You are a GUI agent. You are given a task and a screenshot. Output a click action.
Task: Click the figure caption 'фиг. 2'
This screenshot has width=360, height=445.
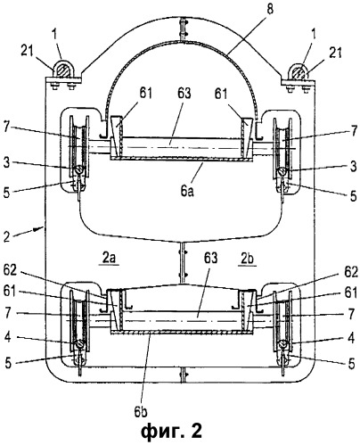pos(172,432)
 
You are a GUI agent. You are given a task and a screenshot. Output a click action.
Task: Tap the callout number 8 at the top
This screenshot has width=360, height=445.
pos(269,9)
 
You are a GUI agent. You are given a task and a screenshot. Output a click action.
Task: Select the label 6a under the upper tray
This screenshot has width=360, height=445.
pos(187,191)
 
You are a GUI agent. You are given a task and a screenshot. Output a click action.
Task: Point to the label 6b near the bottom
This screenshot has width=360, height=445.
pos(140,411)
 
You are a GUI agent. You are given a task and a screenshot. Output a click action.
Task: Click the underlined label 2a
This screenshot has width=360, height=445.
pos(109,258)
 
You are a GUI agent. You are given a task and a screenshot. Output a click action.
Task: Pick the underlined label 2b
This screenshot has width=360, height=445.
pos(247,259)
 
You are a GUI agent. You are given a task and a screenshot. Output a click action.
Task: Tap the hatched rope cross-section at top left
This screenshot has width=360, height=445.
pos(62,71)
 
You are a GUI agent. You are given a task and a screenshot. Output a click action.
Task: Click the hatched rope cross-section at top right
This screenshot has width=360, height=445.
pos(299,72)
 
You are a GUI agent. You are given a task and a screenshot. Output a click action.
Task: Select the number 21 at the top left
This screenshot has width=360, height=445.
pos(28,52)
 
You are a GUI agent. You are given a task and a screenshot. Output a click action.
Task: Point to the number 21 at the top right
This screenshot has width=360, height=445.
pos(335,53)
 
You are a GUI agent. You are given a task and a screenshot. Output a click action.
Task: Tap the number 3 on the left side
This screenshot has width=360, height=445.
pos(6,163)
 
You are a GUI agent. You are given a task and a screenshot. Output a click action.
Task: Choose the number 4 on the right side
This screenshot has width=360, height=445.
pos(351,338)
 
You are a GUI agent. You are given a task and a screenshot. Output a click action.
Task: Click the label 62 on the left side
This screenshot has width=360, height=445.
pos(11,272)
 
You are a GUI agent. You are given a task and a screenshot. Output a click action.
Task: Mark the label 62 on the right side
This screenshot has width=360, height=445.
pos(350,272)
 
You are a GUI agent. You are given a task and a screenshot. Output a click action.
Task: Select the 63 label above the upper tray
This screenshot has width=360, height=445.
pos(184,94)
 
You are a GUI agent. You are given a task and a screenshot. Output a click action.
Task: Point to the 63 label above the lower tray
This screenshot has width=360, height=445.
pos(210,258)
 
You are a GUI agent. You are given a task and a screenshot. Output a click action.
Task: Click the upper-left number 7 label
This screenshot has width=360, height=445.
pos(7,128)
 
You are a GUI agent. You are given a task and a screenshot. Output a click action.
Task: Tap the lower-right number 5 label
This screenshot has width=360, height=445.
pos(351,363)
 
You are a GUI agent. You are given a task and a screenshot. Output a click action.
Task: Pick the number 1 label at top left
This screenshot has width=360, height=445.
pos(55,36)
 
